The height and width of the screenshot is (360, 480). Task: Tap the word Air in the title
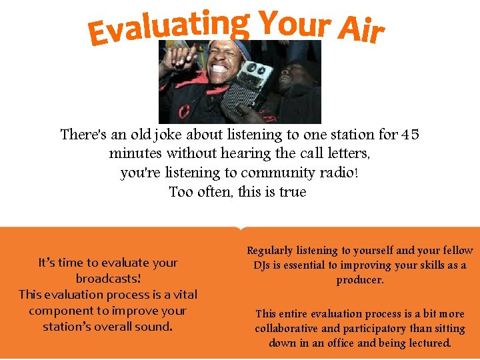[361, 31]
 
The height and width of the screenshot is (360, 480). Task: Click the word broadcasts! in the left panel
[108, 279]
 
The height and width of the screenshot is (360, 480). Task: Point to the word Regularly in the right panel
[270, 251]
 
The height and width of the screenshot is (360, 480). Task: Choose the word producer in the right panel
[360, 280]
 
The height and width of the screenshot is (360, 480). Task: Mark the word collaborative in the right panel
[288, 329]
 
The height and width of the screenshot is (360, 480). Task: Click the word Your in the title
[294, 24]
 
